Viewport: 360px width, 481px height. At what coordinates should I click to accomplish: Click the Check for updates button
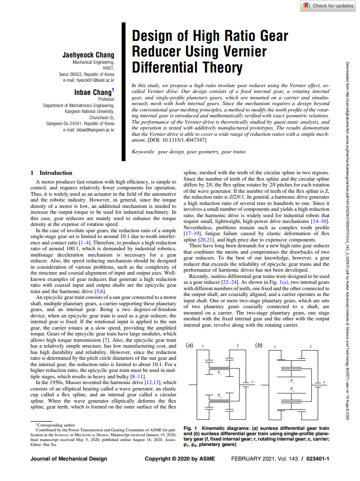tap(328, 6)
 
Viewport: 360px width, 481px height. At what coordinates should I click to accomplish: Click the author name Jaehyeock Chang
tap(88, 55)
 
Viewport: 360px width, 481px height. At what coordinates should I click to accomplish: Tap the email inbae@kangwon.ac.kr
tap(92, 129)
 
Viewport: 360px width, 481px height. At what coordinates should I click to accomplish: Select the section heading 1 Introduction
tap(51, 173)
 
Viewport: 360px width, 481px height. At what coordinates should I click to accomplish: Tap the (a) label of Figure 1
tap(190, 345)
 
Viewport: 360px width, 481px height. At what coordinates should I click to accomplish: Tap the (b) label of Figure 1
tap(258, 345)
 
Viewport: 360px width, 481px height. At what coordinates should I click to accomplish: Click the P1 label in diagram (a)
tap(219, 372)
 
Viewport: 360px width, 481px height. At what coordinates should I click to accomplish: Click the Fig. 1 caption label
tap(190, 427)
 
